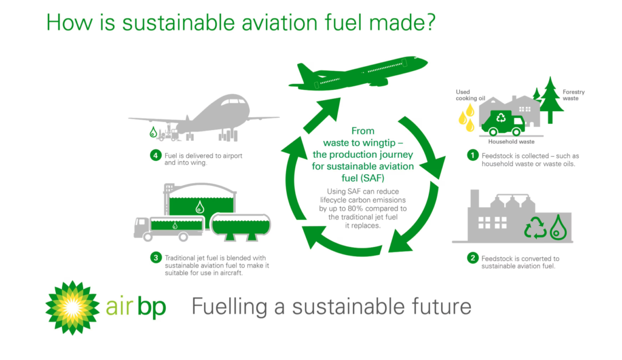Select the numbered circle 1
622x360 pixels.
point(473,155)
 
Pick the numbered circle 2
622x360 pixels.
point(473,258)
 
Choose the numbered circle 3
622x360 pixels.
point(156,258)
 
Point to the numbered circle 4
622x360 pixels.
point(156,155)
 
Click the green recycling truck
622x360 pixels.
point(503,123)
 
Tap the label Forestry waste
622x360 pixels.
point(573,95)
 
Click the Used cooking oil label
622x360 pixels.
point(470,95)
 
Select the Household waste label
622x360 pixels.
point(511,141)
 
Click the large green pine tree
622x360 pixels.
point(550,100)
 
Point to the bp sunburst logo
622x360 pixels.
point(72,308)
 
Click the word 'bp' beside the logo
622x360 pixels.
point(151,307)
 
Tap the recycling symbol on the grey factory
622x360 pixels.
point(536,228)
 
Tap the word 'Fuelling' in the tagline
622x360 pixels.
point(230,307)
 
